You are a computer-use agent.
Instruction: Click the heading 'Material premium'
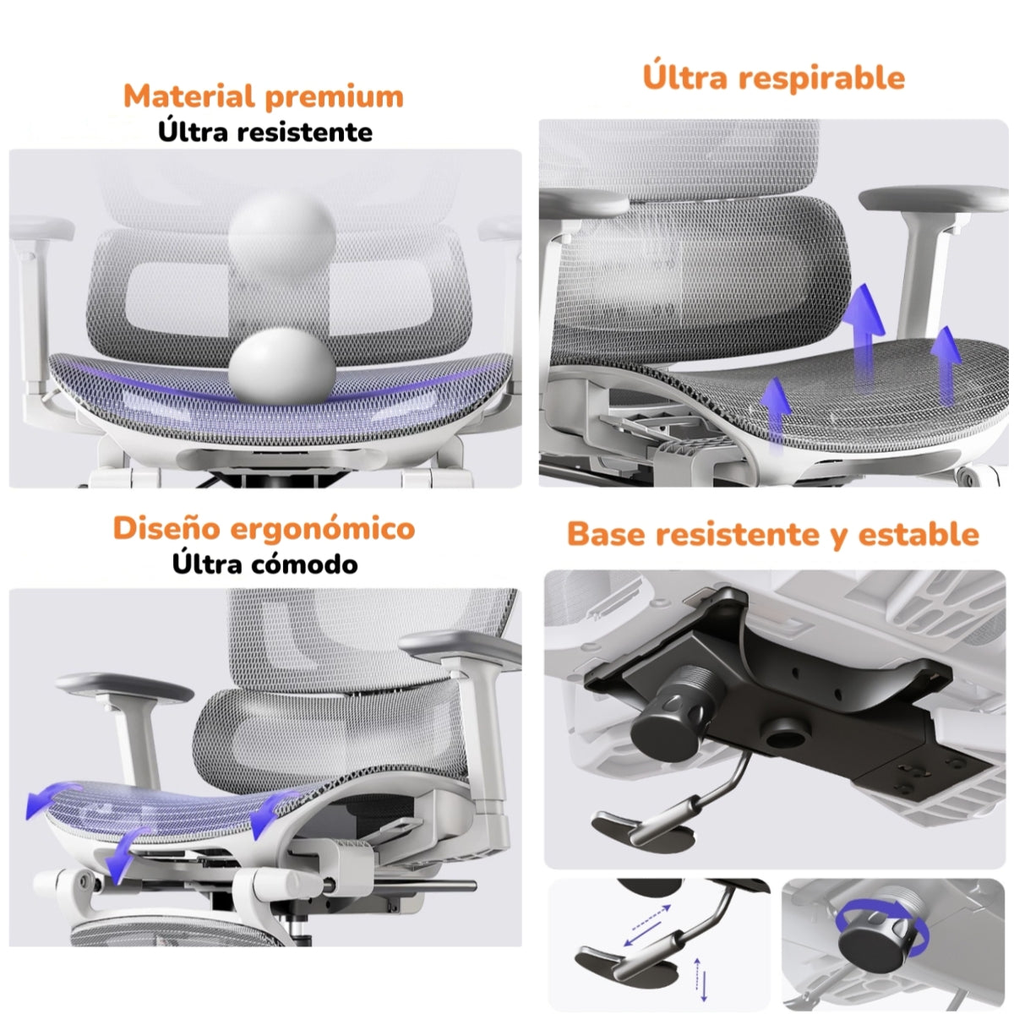pyautogui.click(x=264, y=96)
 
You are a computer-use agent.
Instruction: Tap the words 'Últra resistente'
pyautogui.click(x=264, y=133)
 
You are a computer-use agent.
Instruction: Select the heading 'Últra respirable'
pyautogui.click(x=773, y=77)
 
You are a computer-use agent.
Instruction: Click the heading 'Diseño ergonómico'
pyautogui.click(x=264, y=528)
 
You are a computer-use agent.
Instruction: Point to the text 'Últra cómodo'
pyautogui.click(x=264, y=564)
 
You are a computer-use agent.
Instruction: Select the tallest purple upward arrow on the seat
pyautogui.click(x=864, y=325)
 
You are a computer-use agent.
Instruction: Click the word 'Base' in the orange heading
pyautogui.click(x=606, y=534)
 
